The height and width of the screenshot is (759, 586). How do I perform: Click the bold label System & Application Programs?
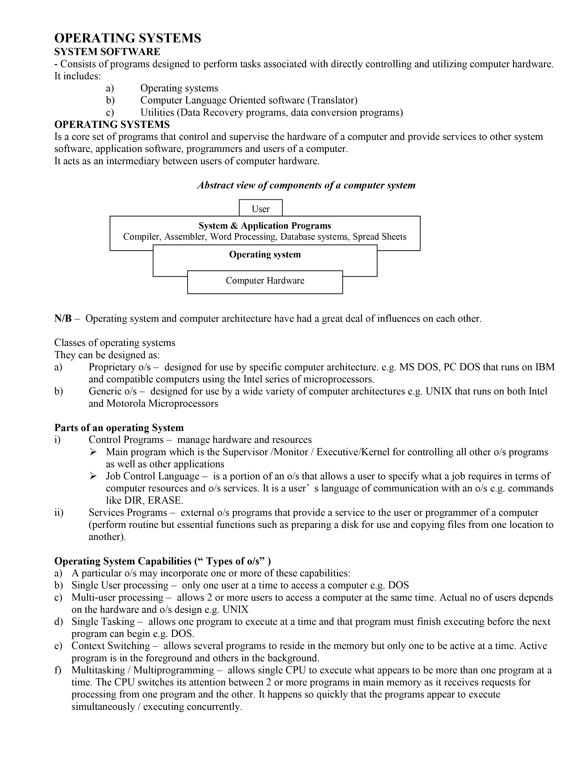pos(265,226)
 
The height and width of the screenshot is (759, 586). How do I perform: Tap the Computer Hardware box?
pos(265,281)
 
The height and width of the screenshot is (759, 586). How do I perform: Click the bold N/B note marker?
pos(63,318)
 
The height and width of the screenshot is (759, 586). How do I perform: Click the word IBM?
pos(545,367)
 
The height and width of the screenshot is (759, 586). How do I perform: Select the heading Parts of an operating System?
pos(119,428)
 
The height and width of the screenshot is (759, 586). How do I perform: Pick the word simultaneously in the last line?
pos(103,707)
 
